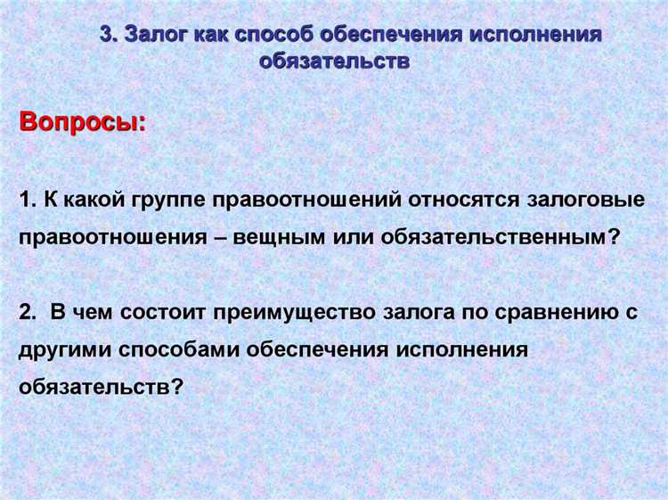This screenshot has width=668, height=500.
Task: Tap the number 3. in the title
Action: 109,36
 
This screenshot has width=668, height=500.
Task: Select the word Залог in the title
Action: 153,36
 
